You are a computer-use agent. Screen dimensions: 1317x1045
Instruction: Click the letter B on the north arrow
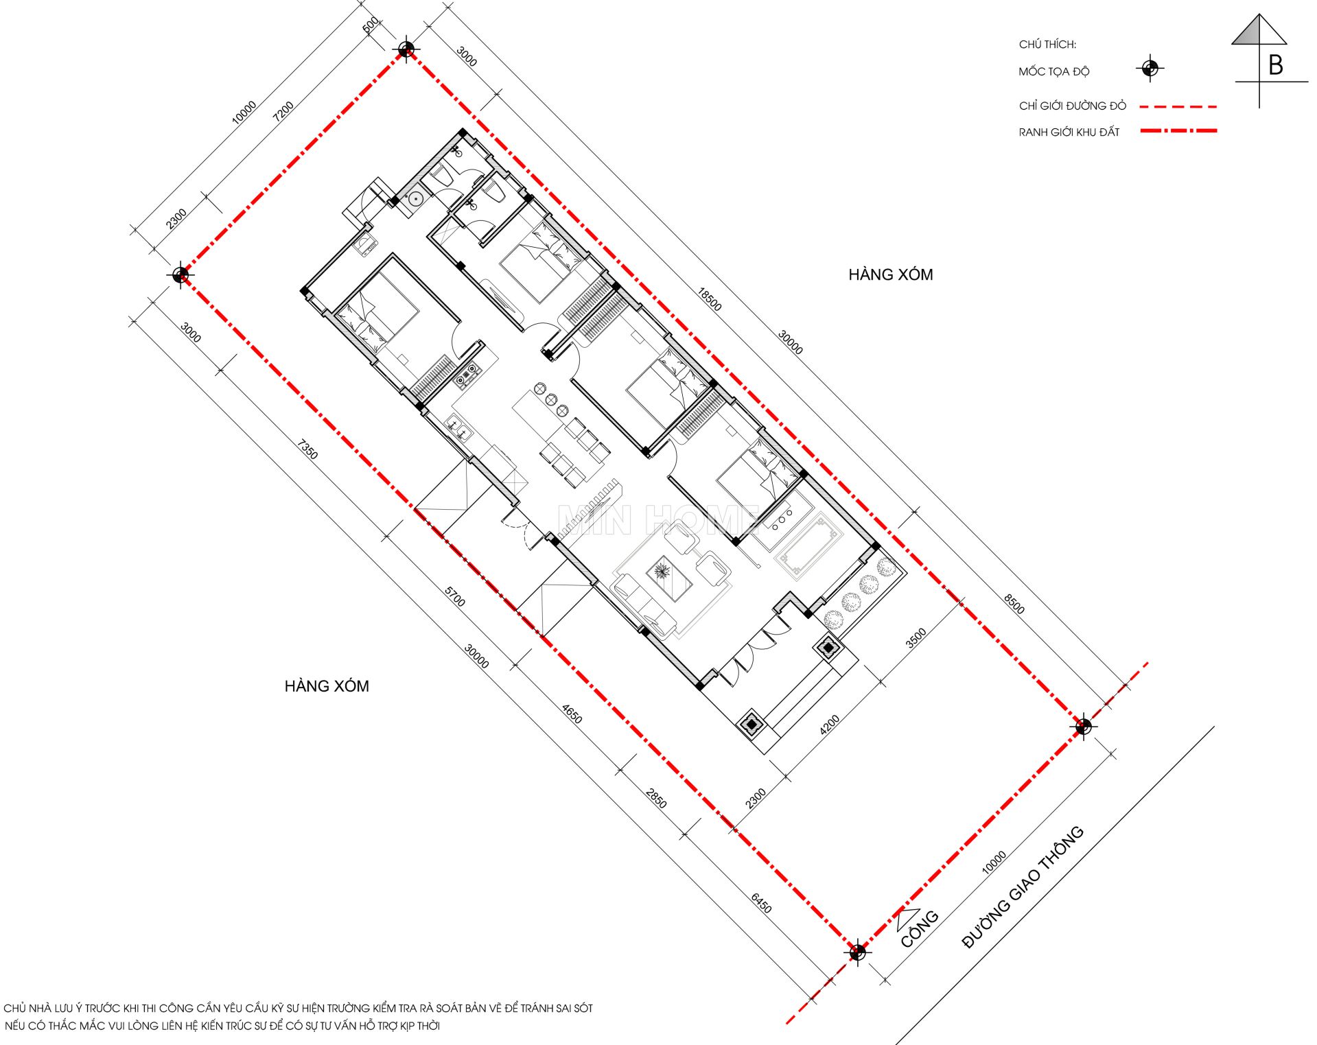[1276, 65]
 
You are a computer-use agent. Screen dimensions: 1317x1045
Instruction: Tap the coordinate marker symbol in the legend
[1150, 69]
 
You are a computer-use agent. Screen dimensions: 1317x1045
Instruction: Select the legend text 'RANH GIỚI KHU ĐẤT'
[1069, 132]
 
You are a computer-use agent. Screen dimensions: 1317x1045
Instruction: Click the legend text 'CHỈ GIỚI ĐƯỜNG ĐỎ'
[1072, 106]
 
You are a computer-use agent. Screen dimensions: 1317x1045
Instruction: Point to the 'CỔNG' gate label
[920, 929]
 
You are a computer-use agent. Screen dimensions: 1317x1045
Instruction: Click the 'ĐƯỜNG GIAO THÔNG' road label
[1022, 887]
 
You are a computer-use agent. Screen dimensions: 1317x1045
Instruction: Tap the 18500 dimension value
[710, 299]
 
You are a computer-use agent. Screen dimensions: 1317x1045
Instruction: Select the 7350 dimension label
[307, 449]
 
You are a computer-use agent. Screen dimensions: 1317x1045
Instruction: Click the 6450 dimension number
[761, 903]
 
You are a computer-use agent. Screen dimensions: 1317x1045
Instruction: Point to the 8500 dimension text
[1014, 603]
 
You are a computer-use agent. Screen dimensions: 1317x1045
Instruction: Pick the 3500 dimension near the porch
[916, 638]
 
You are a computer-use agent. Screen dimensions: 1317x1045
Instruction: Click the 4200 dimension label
[830, 725]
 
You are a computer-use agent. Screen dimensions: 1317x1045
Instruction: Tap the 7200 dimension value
[283, 111]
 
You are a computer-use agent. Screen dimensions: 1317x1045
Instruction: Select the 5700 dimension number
[454, 596]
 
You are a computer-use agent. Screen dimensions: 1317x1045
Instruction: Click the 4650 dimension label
[572, 714]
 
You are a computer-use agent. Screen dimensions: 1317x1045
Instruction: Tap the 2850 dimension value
[656, 798]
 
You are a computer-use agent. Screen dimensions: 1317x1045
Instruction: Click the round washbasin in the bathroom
[415, 199]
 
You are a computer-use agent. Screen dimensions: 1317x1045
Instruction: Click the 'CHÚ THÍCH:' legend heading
[1047, 45]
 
